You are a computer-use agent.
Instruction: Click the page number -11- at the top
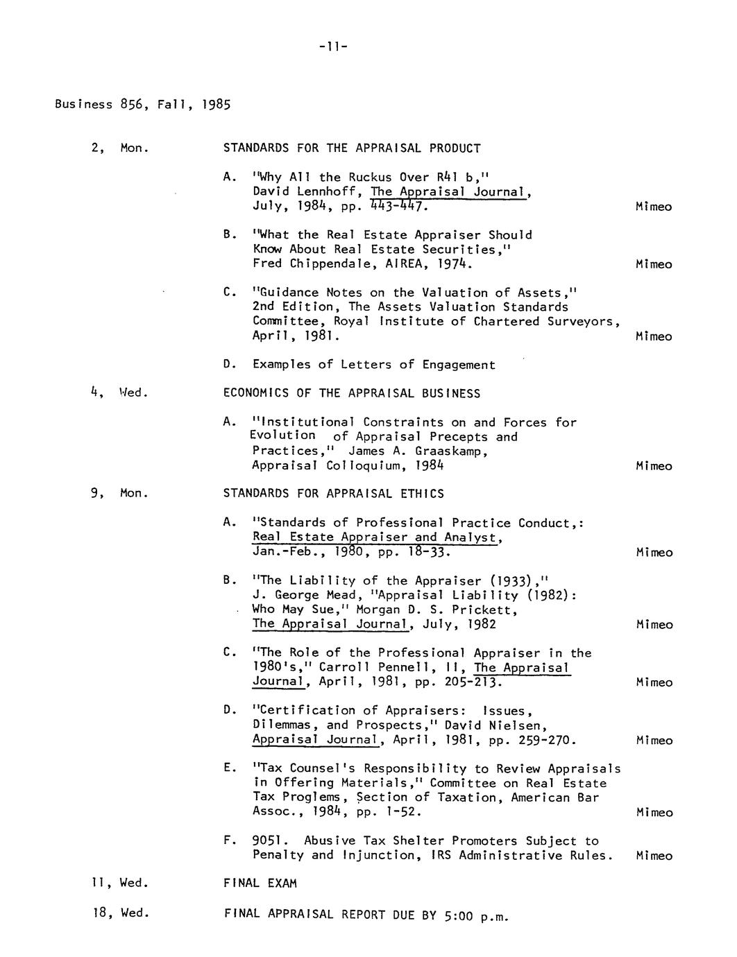coord(332,46)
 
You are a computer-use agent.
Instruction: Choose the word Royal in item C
coord(352,322)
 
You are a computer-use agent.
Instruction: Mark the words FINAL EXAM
coord(260,883)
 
